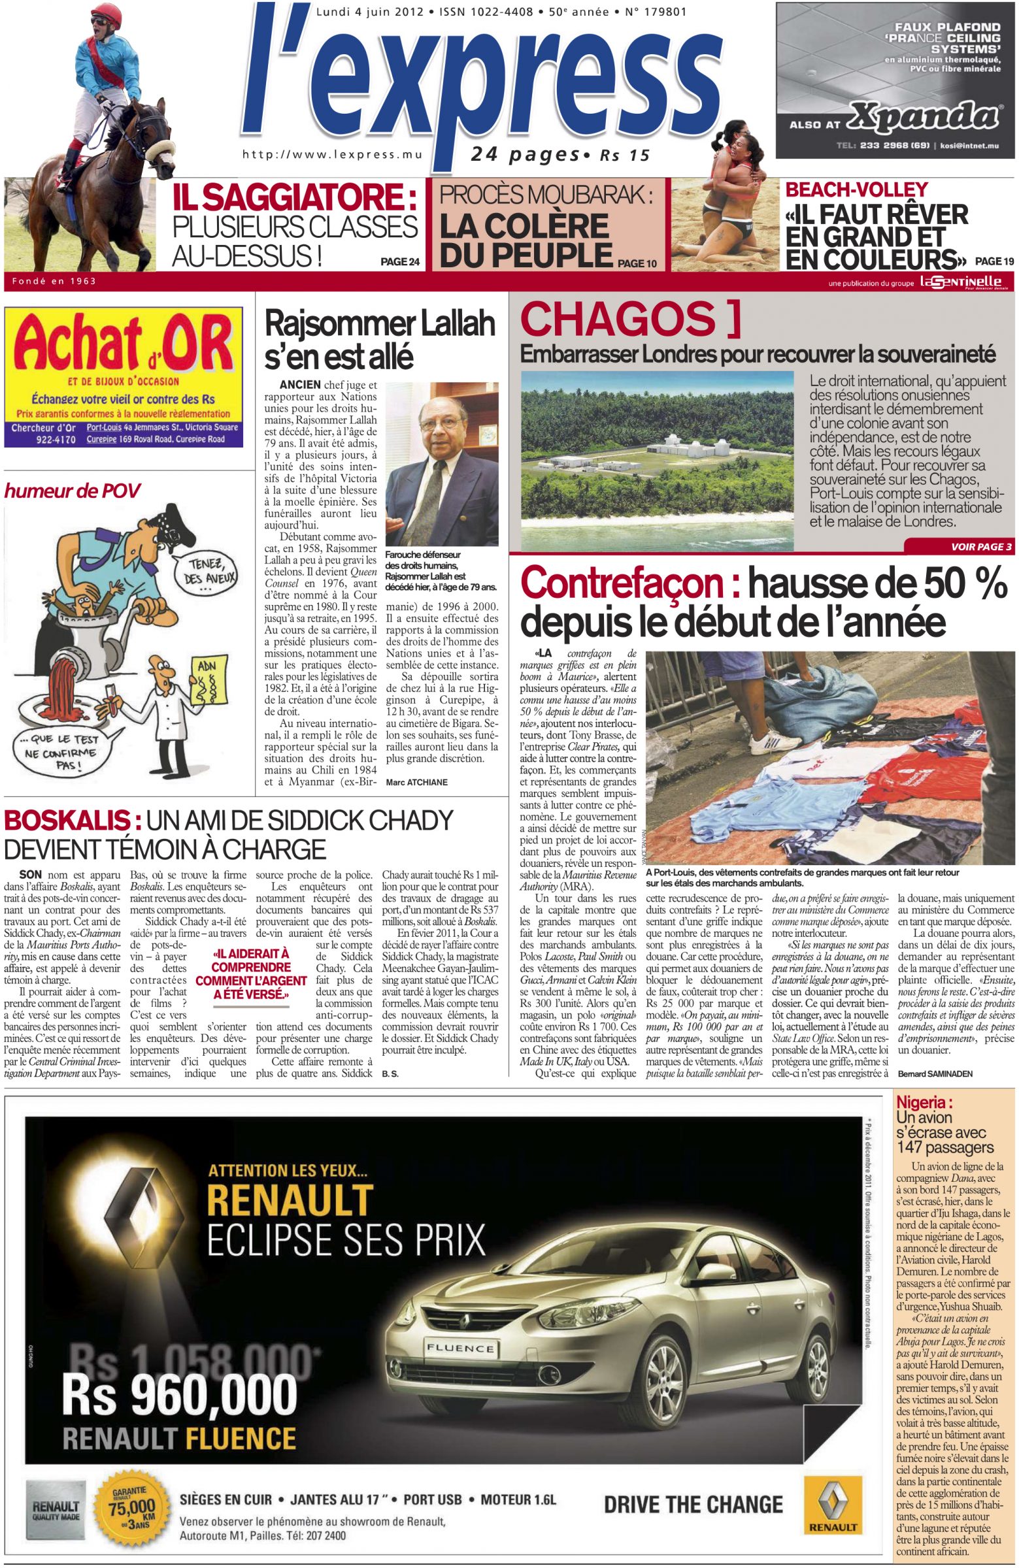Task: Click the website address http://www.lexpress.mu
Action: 332,154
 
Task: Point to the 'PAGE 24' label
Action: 400,262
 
